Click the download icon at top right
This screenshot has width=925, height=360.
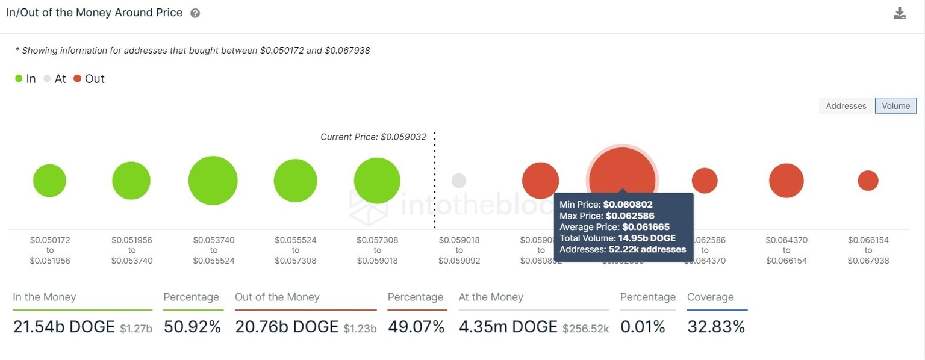900,13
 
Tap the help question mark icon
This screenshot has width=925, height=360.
195,13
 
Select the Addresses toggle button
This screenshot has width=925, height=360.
846,106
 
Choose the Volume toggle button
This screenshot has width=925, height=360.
895,106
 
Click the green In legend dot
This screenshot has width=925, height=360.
19,79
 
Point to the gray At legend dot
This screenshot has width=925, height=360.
48,79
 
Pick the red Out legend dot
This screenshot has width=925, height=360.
77,79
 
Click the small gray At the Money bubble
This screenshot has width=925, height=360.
459,181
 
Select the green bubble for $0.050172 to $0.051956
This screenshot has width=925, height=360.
49,181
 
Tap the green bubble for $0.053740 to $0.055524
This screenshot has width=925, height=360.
213,181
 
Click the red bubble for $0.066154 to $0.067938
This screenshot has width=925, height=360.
868,181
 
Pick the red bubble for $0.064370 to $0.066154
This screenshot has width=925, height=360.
786,181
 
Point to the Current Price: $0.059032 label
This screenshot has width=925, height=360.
373,137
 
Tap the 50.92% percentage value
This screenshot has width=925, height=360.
192,327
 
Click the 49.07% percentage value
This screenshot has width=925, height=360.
416,327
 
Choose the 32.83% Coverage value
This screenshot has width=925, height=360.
716,327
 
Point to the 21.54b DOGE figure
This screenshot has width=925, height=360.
64,327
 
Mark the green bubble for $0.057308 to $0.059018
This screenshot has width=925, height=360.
377,181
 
